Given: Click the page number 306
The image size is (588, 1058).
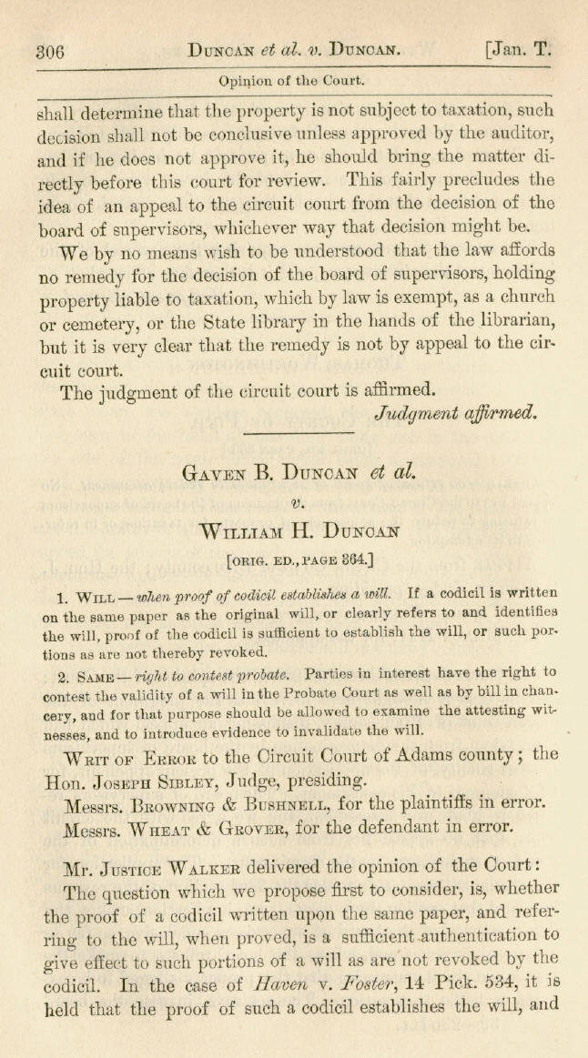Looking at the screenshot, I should tap(49, 53).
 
